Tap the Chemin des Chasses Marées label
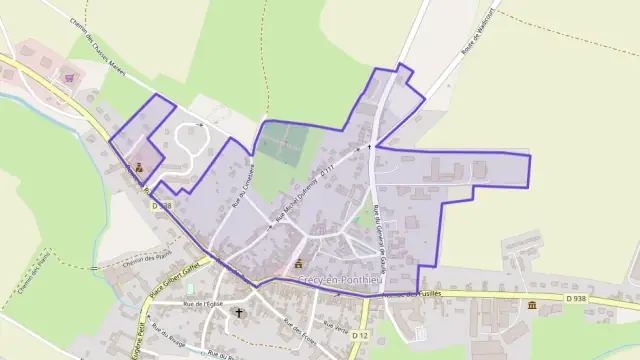click(x=101, y=39)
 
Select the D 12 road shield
click(x=363, y=334)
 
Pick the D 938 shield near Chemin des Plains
click(x=162, y=205)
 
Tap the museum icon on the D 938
click(x=531, y=304)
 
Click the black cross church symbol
click(x=238, y=313)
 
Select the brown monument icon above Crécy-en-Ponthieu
click(x=298, y=264)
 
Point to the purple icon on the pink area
click(x=68, y=77)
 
